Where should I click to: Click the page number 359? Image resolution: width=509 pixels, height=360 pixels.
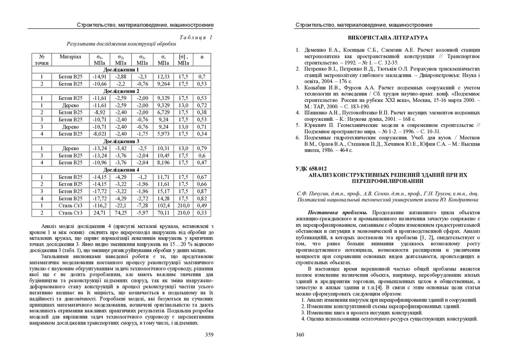coord(209,335)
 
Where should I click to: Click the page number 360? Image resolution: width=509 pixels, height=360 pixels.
coord(300,335)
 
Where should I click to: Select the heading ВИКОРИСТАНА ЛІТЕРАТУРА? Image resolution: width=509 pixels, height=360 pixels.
coord(387,38)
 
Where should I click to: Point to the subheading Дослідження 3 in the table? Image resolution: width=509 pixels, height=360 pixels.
coord(121,142)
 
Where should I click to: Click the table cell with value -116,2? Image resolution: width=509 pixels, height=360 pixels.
coord(99,205)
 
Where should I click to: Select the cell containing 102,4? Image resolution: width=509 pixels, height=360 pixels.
coord(163,205)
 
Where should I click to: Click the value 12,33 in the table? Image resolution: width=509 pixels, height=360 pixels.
coord(163,77)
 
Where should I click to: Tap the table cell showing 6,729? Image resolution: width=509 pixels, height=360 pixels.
coord(163,112)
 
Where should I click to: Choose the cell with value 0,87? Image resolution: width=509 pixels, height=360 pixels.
coord(202,191)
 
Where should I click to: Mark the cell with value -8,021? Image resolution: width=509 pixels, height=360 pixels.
coord(99,134)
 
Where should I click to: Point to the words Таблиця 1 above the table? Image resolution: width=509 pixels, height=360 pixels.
coord(196,37)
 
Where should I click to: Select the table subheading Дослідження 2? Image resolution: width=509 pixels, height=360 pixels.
coord(121,91)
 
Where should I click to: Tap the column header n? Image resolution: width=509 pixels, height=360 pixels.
coord(202,57)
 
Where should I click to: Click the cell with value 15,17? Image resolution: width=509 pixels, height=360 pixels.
coord(163,191)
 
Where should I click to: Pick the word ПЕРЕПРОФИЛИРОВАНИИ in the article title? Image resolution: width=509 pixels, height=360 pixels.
coord(387,181)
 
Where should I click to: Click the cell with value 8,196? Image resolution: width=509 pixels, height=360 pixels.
coord(163,163)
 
